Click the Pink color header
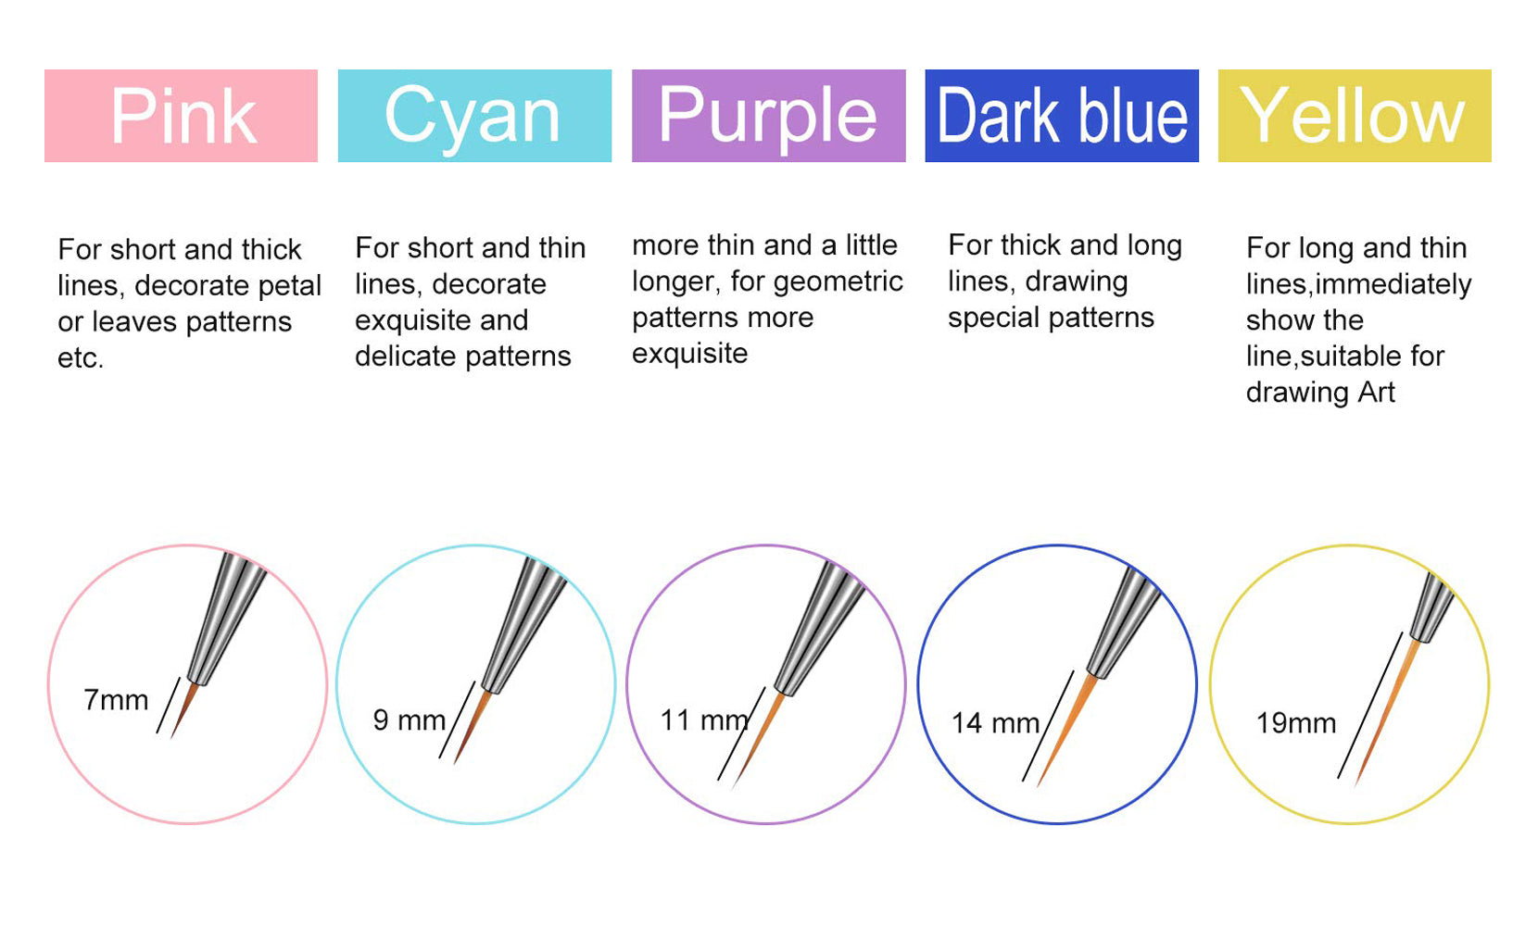coord(182,116)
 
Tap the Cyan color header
coord(474,116)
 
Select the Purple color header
coord(768,116)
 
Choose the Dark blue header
coord(1062,116)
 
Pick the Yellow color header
coord(1355,116)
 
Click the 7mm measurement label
coord(116,700)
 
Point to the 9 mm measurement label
coord(410,720)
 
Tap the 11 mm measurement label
coord(704,720)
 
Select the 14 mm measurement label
coord(995,723)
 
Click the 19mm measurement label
coord(1295,723)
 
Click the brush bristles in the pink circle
coord(184,710)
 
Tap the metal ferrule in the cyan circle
coord(524,622)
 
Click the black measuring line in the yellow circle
coord(1369,705)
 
